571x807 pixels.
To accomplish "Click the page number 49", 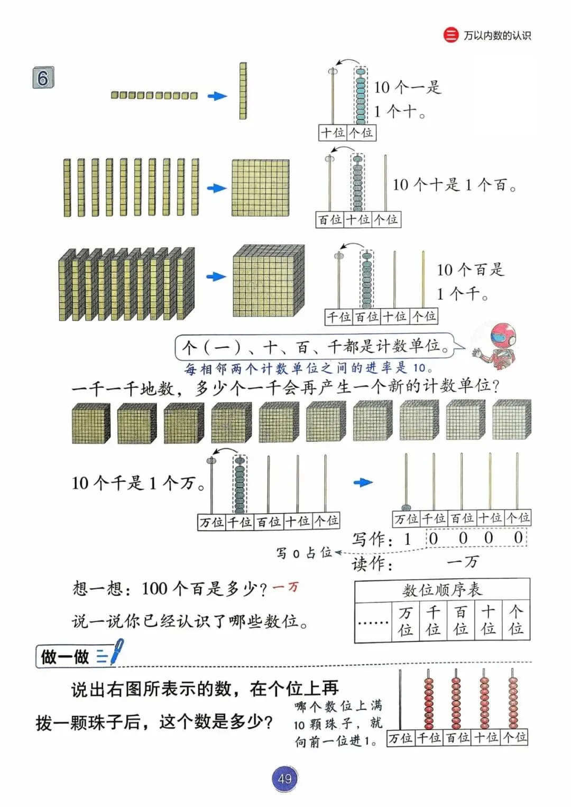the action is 284,778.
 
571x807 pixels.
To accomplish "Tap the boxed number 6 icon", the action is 43,78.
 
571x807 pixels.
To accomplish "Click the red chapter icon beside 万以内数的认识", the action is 450,35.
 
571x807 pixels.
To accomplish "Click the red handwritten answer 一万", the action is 285,587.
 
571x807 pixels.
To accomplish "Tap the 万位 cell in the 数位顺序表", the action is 406,622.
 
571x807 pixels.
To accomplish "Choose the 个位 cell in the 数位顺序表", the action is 515,622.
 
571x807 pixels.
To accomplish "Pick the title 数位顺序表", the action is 442,590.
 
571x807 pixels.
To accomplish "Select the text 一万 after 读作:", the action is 463,562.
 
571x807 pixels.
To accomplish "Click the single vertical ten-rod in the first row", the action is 243,91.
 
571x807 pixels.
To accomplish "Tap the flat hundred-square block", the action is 261,188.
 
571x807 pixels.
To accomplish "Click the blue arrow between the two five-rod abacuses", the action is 363,483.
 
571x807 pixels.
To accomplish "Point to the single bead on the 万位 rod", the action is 407,507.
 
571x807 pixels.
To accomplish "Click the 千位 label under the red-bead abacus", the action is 429,737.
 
